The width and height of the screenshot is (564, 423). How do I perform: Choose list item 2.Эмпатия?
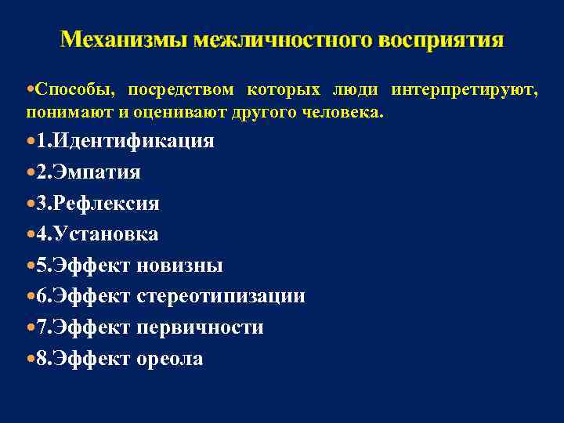coord(93,172)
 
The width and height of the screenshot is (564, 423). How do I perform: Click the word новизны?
coord(179,266)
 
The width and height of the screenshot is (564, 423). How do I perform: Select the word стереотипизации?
coord(221,297)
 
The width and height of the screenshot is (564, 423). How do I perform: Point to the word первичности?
coord(200,327)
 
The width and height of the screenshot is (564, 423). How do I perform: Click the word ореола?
coord(170,359)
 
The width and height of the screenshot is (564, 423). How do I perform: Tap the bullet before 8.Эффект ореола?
coord(30,359)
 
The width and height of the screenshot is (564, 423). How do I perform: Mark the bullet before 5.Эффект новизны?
coord(30,266)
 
